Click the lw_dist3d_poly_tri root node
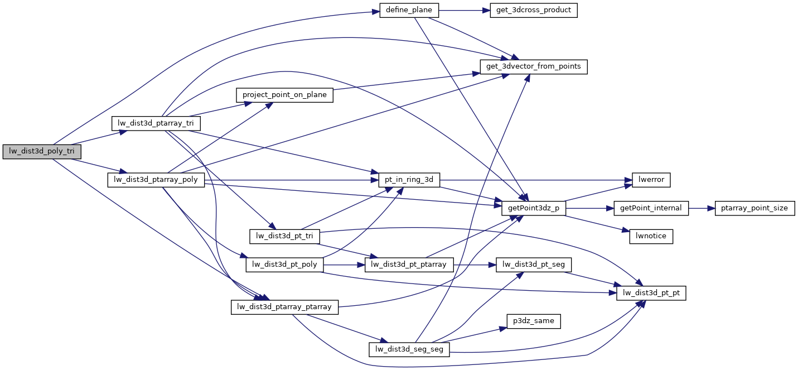click(x=42, y=151)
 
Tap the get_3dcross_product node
click(x=533, y=11)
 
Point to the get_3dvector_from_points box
click(x=534, y=66)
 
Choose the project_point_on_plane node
click(x=284, y=95)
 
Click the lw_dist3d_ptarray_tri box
click(x=156, y=123)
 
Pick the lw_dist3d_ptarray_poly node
click(x=156, y=180)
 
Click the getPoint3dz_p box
click(x=534, y=208)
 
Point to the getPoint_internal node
click(x=651, y=208)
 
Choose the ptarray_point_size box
click(x=754, y=208)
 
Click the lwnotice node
click(x=651, y=236)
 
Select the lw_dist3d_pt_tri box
click(x=284, y=236)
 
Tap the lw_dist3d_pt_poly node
click(x=284, y=264)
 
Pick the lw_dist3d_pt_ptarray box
click(x=409, y=264)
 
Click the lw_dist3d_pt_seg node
click(x=534, y=264)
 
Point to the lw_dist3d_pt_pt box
click(x=651, y=292)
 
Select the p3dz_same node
click(x=534, y=321)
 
